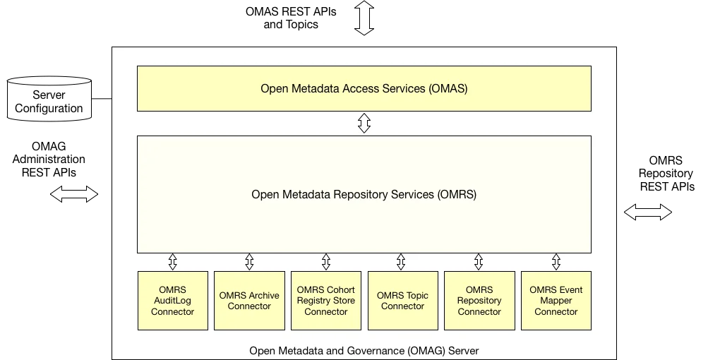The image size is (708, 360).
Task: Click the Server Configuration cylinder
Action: tap(49, 99)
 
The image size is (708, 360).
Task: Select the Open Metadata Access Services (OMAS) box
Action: tap(364, 88)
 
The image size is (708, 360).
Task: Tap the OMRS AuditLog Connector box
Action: tap(172, 301)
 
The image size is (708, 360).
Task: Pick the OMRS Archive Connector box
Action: tap(249, 301)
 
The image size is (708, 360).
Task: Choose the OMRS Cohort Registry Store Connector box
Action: tap(326, 301)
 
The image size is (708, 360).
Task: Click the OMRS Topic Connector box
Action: tap(403, 301)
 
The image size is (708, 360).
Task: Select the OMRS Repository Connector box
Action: tap(479, 301)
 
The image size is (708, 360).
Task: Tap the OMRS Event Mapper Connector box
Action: tap(556, 301)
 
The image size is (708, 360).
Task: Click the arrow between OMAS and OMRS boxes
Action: tap(364, 123)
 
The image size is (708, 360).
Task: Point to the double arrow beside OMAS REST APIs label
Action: tap(364, 18)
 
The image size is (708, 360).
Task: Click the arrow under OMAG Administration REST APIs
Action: tap(74, 194)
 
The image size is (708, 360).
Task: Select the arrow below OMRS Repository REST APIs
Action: tap(648, 212)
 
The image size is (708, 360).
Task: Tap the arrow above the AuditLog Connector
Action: tap(172, 262)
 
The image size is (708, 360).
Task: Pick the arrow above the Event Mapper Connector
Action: tap(556, 262)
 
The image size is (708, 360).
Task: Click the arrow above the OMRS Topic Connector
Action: tap(401, 262)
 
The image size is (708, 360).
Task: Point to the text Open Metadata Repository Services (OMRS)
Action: tap(364, 195)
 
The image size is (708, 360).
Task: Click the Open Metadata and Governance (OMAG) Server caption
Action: tap(364, 351)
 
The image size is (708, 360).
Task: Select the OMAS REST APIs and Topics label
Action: tap(291, 18)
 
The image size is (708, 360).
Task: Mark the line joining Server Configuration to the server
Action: tap(102, 98)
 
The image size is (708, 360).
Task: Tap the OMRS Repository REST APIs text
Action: tap(666, 174)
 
